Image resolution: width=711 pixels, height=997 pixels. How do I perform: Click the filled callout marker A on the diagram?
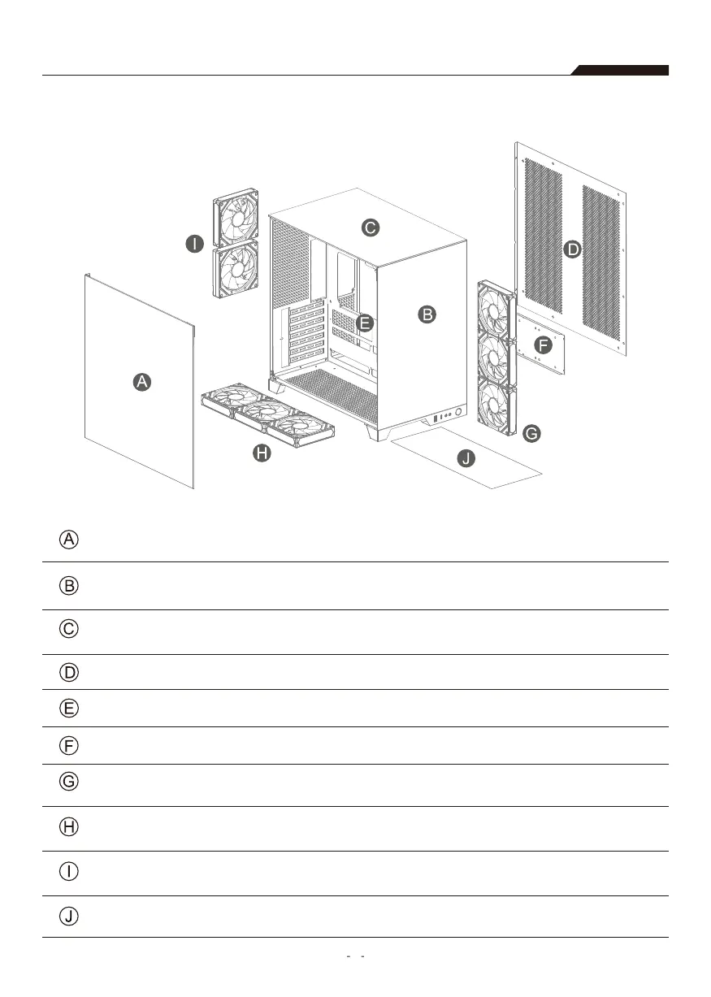point(142,382)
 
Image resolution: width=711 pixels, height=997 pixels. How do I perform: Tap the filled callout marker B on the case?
point(427,314)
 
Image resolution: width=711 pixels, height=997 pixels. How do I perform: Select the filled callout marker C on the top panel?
point(370,228)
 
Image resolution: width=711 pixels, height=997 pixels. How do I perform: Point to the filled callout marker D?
point(573,249)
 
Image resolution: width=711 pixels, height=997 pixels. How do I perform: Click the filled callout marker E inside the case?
point(365,323)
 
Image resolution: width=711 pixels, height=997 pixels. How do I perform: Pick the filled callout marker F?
point(543,345)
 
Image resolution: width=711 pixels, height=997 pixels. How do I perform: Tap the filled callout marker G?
point(530,434)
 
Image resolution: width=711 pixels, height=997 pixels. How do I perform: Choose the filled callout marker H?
point(261,454)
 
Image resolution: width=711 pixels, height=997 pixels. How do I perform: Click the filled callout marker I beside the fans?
point(193,244)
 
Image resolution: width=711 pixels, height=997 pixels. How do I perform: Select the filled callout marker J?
point(466,460)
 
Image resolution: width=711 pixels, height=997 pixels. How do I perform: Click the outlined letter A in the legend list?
point(70,540)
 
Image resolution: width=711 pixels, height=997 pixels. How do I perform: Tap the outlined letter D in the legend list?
point(70,672)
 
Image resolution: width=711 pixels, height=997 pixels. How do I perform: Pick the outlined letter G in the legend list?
point(70,782)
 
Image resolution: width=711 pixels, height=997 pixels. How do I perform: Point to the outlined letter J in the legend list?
point(70,917)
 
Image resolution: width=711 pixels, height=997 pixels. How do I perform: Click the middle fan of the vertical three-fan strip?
point(494,358)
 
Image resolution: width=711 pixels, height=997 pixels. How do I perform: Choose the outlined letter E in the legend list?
point(70,709)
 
